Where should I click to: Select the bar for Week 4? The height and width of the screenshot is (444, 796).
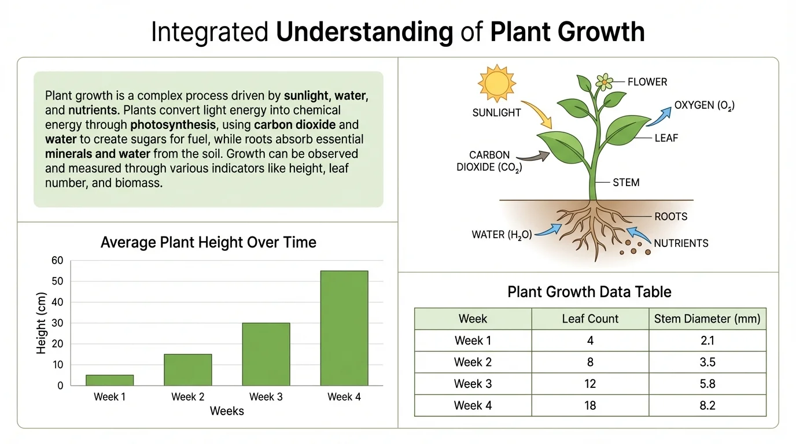344,328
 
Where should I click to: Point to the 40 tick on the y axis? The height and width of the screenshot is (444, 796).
57,302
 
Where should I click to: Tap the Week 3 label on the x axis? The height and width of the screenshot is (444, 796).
266,397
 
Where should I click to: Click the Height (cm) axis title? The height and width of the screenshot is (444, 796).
41,323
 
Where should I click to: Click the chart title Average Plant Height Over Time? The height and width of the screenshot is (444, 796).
208,242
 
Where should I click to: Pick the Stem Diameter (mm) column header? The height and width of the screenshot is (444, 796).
707,319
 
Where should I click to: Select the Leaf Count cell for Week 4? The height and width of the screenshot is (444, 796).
589,405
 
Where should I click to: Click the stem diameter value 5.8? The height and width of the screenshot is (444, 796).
707,383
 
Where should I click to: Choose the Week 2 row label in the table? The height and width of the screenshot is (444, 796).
473,362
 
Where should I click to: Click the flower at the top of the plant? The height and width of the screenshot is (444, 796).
604,82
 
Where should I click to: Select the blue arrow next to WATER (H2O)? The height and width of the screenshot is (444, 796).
549,230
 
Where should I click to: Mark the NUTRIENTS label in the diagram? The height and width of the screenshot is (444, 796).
681,243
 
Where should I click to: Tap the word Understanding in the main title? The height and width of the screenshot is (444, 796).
364,32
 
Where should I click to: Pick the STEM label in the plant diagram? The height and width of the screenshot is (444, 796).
626,183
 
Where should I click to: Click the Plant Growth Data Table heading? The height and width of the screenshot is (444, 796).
589,291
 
